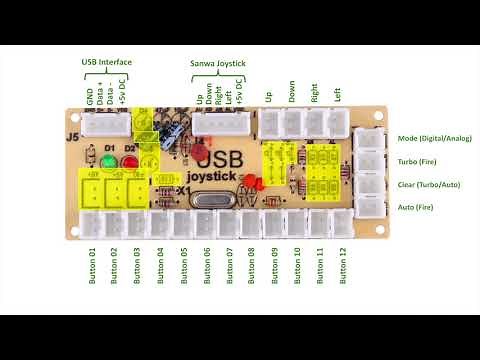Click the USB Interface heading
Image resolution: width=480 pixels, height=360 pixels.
(x=107, y=62)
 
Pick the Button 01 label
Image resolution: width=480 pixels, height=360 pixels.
(x=92, y=265)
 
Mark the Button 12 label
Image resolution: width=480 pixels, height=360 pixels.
(x=345, y=265)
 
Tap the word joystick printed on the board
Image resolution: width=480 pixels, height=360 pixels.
(x=212, y=179)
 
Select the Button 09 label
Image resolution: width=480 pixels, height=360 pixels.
(x=274, y=265)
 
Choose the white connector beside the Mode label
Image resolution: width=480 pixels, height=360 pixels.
(x=369, y=140)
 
